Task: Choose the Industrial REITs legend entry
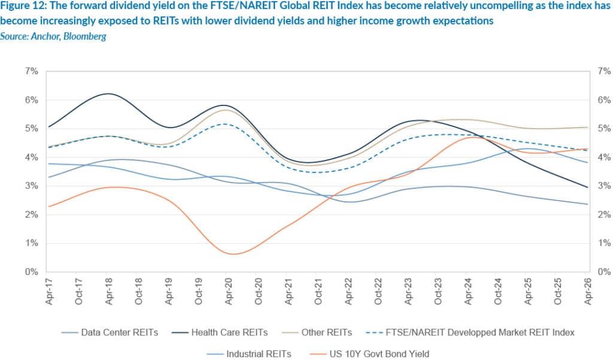(x=259, y=353)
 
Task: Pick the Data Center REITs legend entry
(x=119, y=332)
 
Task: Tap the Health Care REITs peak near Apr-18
(x=108, y=93)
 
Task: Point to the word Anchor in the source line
(x=44, y=37)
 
